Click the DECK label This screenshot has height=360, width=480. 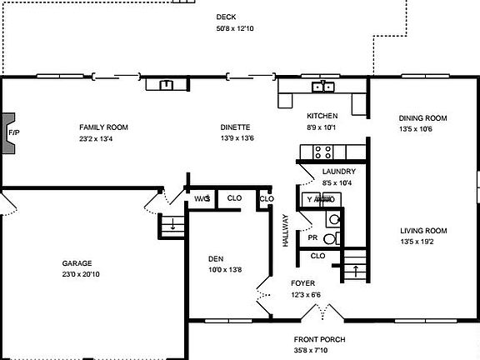(x=225, y=17)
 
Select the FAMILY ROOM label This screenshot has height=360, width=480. (x=103, y=127)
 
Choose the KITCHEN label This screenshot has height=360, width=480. (x=322, y=115)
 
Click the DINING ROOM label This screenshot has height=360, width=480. (x=422, y=118)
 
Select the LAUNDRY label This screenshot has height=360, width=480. (x=338, y=171)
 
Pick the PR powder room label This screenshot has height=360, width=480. (x=312, y=237)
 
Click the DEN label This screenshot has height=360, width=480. (x=216, y=258)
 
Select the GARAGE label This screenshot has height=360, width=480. (x=76, y=262)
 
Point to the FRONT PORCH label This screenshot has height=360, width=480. (x=319, y=339)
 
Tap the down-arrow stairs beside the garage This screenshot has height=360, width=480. (x=171, y=224)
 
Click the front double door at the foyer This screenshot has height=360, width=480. (x=318, y=314)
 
